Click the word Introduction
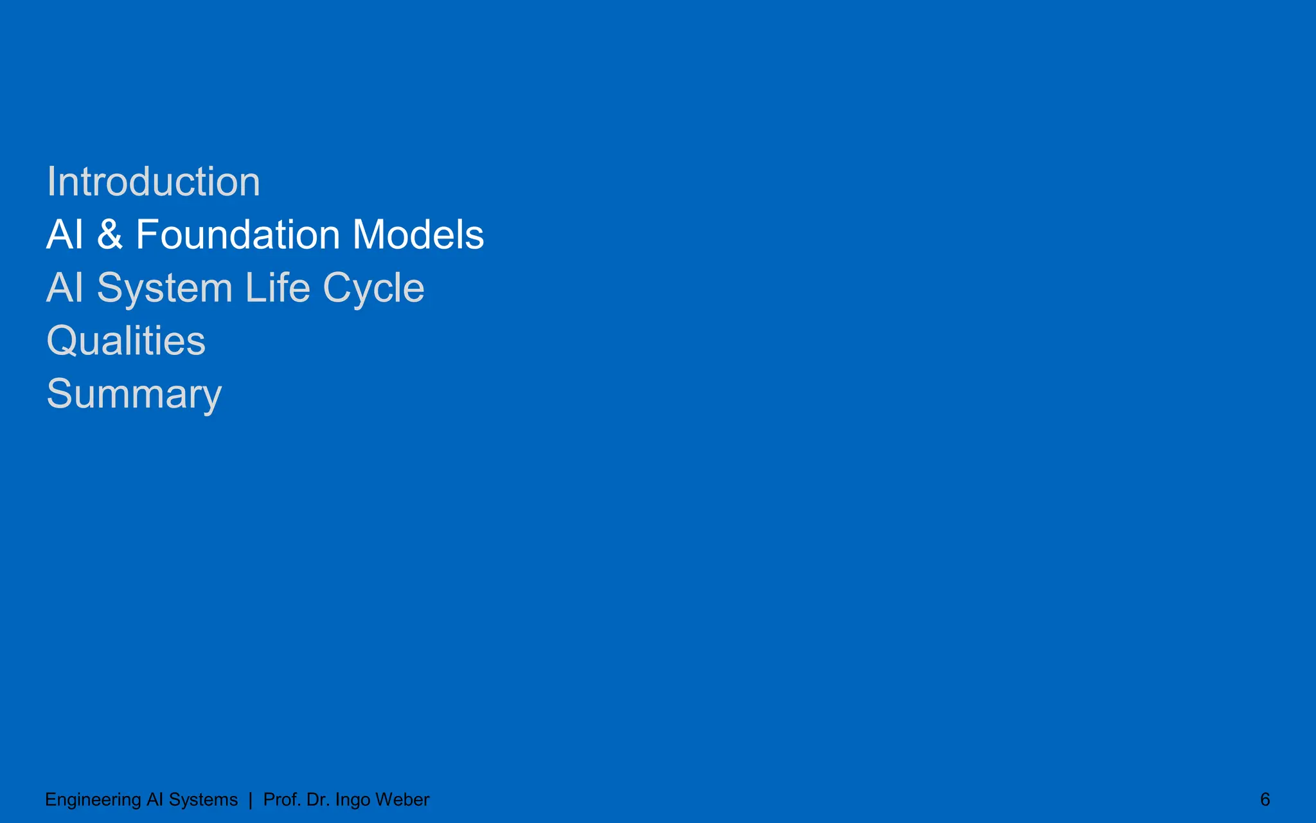tap(154, 182)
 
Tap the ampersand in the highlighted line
tap(110, 235)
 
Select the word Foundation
tap(238, 235)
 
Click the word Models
tap(418, 235)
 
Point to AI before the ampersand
tap(65, 235)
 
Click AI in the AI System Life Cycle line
tap(65, 287)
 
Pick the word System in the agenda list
tap(164, 289)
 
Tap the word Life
tap(277, 287)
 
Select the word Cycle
tap(373, 289)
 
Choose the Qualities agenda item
tap(126, 341)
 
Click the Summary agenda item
tap(134, 394)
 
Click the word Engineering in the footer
tap(93, 800)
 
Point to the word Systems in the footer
tap(203, 800)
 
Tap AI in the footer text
tap(155, 800)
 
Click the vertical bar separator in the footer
tap(250, 800)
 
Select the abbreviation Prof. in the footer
tap(282, 800)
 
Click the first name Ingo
tap(353, 800)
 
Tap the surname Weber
tap(402, 800)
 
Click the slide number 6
tap(1265, 800)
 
